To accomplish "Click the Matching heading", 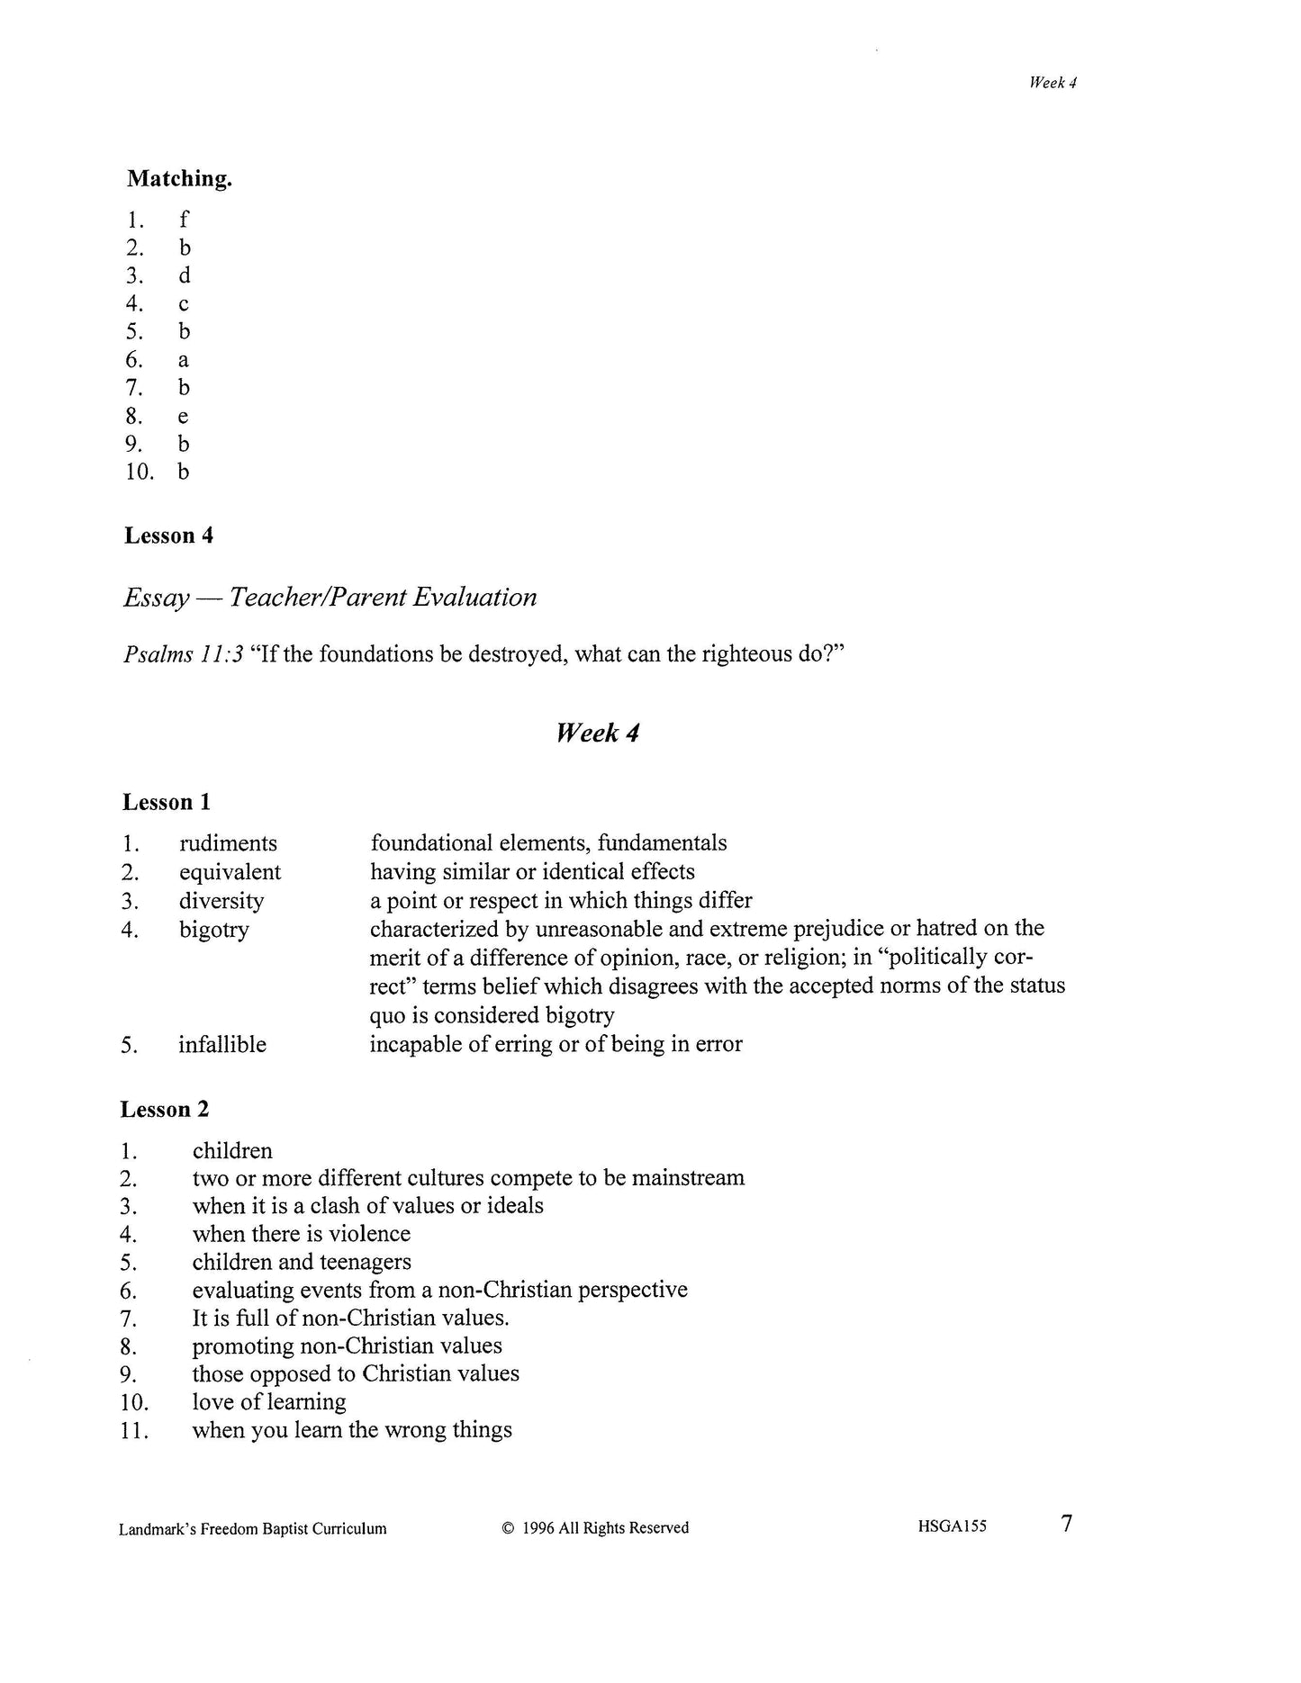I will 179,179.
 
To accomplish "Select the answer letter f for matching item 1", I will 184,220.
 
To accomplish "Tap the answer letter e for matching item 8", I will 184,417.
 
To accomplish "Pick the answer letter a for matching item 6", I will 184,361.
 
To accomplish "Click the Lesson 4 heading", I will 168,535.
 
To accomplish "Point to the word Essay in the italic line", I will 157,598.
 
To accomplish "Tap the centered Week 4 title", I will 597,733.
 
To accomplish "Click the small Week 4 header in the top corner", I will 1053,83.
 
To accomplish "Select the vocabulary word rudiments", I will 228,843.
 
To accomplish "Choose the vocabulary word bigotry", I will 213,930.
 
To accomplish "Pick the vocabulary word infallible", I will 222,1045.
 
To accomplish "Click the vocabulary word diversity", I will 221,901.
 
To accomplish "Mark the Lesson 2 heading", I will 165,1110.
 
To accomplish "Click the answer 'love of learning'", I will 269,1402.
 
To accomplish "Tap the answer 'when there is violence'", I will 301,1234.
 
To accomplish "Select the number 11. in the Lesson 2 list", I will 133,1431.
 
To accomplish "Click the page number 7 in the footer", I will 1067,1524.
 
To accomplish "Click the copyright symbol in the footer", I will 508,1528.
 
